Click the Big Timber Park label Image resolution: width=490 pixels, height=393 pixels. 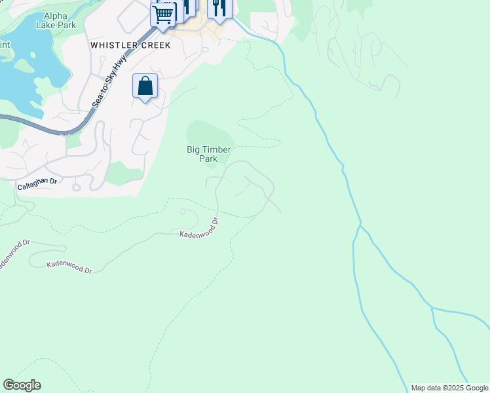tap(209, 154)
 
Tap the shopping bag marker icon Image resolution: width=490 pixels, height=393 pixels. tap(145, 86)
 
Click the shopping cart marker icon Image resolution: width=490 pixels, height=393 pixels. tap(162, 14)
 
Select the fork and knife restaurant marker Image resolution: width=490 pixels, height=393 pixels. tap(219, 8)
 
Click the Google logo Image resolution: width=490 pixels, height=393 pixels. tap(22, 385)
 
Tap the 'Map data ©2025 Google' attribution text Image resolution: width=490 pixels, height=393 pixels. tap(449, 388)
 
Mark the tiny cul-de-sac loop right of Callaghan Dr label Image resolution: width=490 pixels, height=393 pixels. tap(77, 187)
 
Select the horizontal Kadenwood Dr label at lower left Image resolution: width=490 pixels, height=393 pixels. tap(69, 267)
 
